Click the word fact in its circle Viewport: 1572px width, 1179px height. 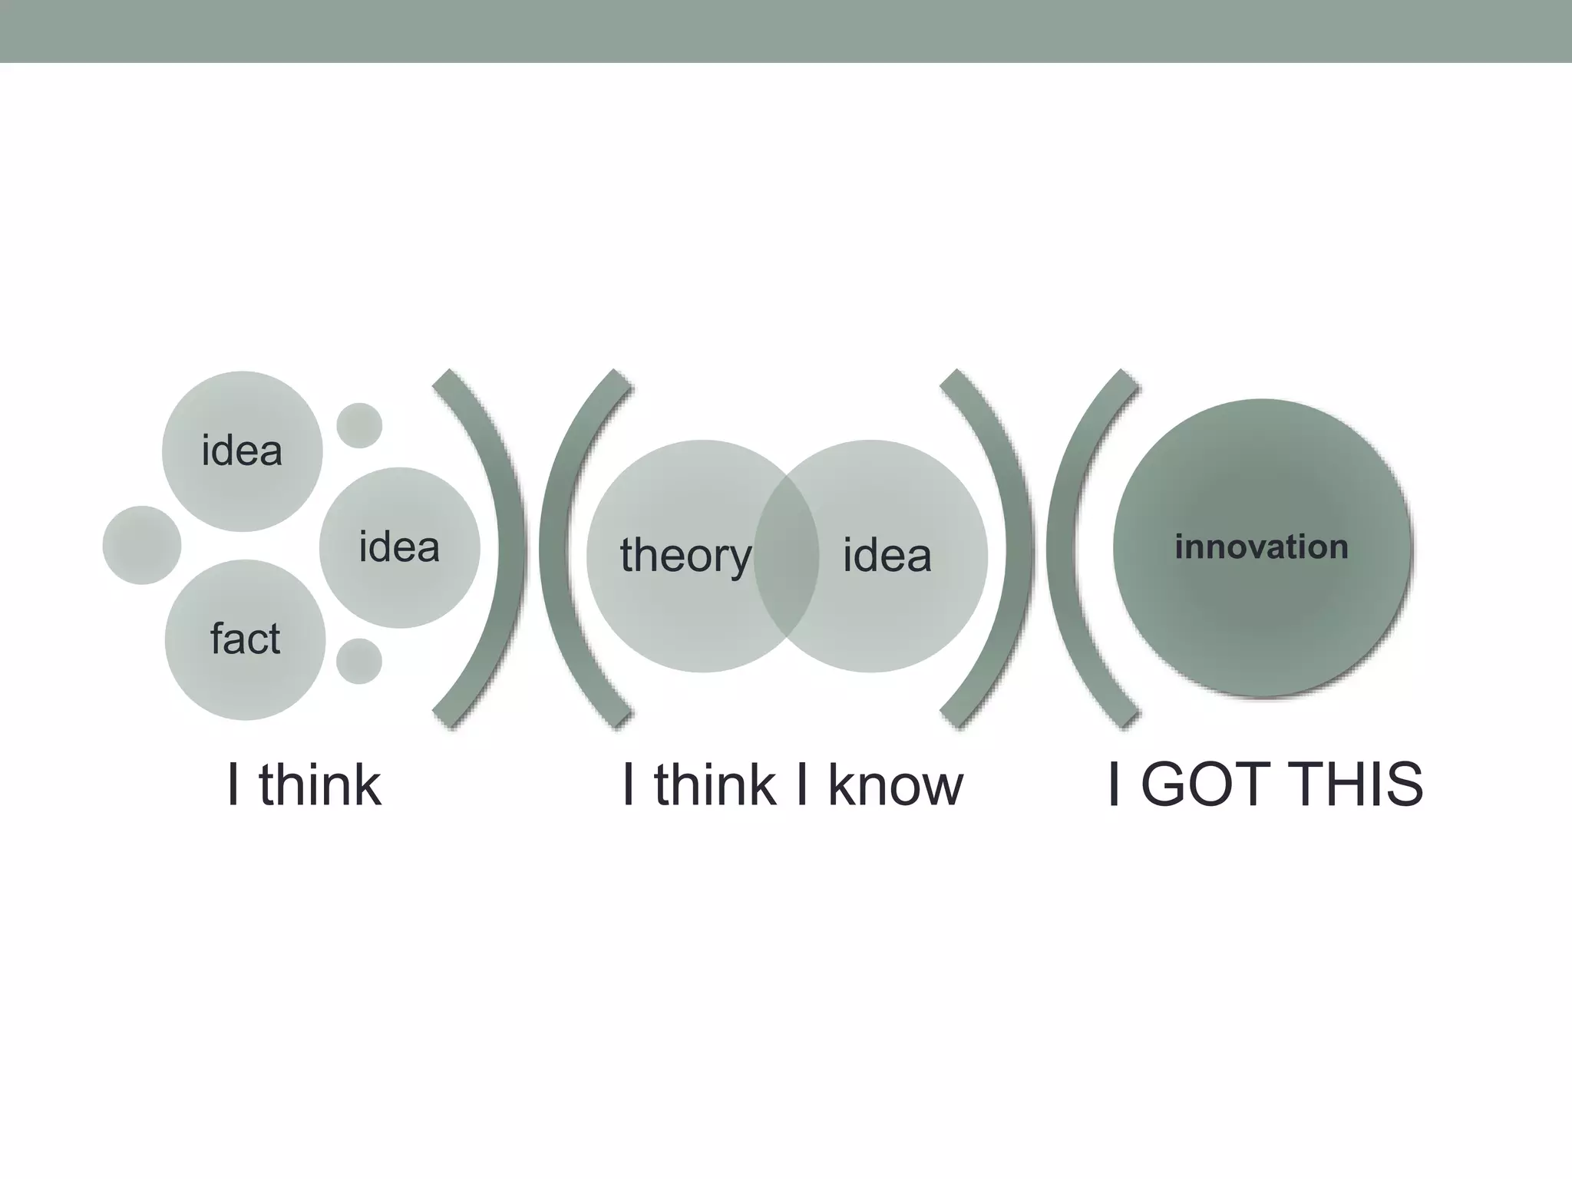pos(246,639)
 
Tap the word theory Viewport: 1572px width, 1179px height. pos(685,556)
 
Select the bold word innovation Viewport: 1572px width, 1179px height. pos(1261,547)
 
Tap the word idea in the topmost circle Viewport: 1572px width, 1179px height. pos(242,451)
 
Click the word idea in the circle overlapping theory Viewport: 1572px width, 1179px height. pos(887,556)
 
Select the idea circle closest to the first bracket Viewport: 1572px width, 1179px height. pos(399,547)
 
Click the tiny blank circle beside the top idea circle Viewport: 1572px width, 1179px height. pos(359,425)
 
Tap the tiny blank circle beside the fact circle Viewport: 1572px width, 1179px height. pos(359,661)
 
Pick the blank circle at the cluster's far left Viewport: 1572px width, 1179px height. pos(142,545)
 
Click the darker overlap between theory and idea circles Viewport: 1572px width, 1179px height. pos(786,556)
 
